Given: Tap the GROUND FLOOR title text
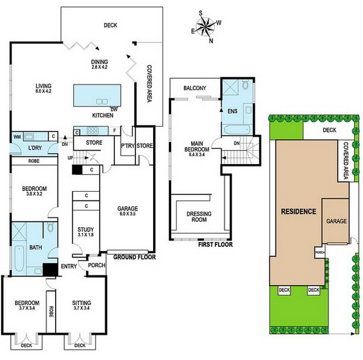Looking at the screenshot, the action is click(134, 257).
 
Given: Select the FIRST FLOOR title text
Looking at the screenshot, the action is click(215, 244).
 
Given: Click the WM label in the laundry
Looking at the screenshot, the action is click(17, 137).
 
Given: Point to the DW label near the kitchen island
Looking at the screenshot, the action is click(114, 110).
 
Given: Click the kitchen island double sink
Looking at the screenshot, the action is click(102, 102).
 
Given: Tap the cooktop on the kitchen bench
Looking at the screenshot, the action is click(93, 131).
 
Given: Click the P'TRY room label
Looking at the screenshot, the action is click(128, 146).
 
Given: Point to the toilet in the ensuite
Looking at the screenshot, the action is click(245, 85).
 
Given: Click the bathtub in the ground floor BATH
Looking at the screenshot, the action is click(19, 258).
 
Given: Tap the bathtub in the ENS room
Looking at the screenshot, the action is click(237, 129).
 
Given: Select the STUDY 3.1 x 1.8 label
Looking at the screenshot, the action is click(86, 232).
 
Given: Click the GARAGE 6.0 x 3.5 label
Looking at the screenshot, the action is click(127, 211).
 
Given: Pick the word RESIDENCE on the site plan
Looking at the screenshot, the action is click(298, 211).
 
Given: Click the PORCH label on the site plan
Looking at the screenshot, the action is click(320, 252).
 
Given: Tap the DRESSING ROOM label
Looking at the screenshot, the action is click(199, 217).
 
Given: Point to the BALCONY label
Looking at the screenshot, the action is click(195, 88).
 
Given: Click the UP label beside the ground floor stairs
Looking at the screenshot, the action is click(70, 158).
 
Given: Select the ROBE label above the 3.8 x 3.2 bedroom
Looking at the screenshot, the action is click(34, 161).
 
